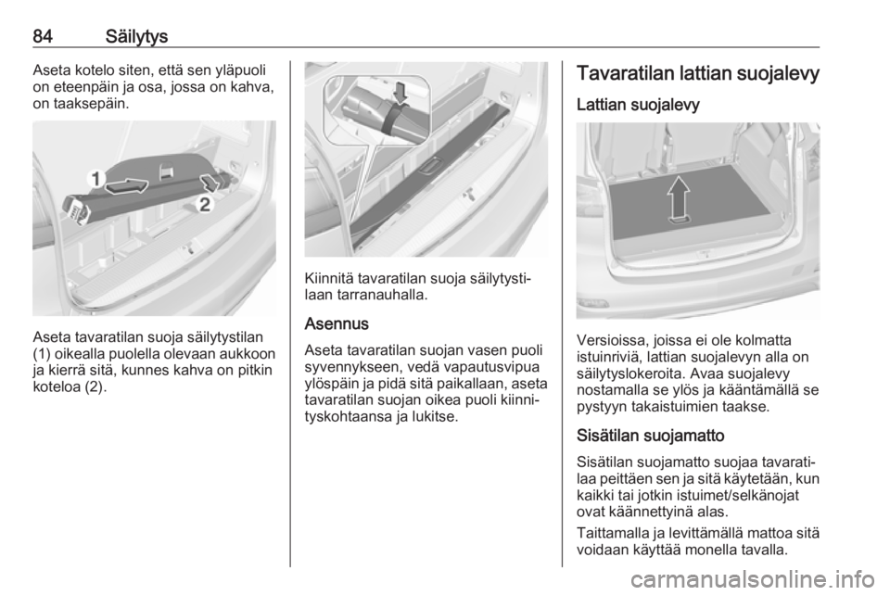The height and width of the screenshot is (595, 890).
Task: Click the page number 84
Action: coord(43,37)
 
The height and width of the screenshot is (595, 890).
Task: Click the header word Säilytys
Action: coord(137,37)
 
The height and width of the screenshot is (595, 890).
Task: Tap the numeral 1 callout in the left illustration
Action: coord(96,179)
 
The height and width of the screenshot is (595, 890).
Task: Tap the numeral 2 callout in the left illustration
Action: coord(206,204)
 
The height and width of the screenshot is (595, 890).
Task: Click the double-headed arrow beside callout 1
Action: coord(127,185)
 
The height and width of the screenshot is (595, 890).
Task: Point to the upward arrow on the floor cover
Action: coord(679,199)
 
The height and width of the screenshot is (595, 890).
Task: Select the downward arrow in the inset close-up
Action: coord(400,92)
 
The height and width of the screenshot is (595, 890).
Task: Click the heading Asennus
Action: coord(337,323)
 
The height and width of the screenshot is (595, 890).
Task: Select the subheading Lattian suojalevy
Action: coord(638,105)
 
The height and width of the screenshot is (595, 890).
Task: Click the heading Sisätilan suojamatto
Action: coord(651,436)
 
